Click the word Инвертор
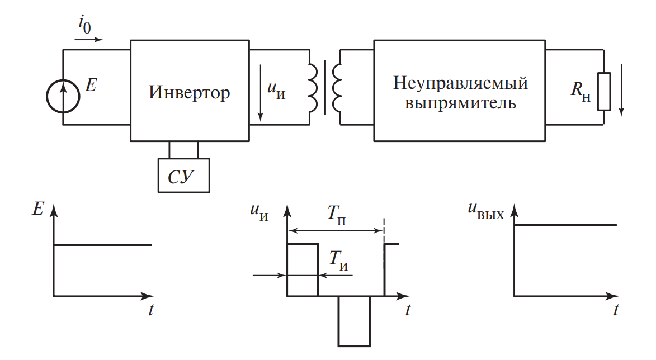tap(189, 92)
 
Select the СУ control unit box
tap(184, 176)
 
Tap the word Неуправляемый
tap(460, 83)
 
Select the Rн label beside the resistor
tap(579, 91)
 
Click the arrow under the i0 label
tap(88, 40)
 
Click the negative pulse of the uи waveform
tap(354, 321)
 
